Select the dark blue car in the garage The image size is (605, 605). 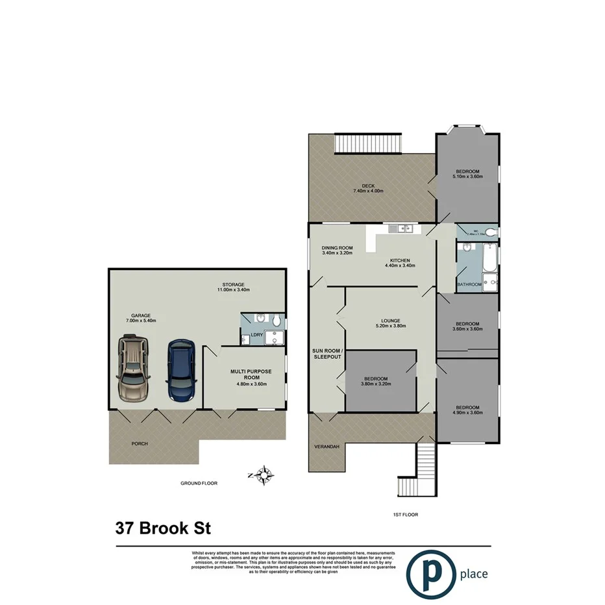point(181,371)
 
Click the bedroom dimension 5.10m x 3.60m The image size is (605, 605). point(467,176)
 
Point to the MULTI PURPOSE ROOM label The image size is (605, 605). point(251,374)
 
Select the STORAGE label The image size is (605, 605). point(234,284)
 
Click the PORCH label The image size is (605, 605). point(139,444)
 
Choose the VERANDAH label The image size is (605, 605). point(327,447)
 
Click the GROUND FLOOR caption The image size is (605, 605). point(199,484)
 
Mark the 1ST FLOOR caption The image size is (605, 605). point(405,514)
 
